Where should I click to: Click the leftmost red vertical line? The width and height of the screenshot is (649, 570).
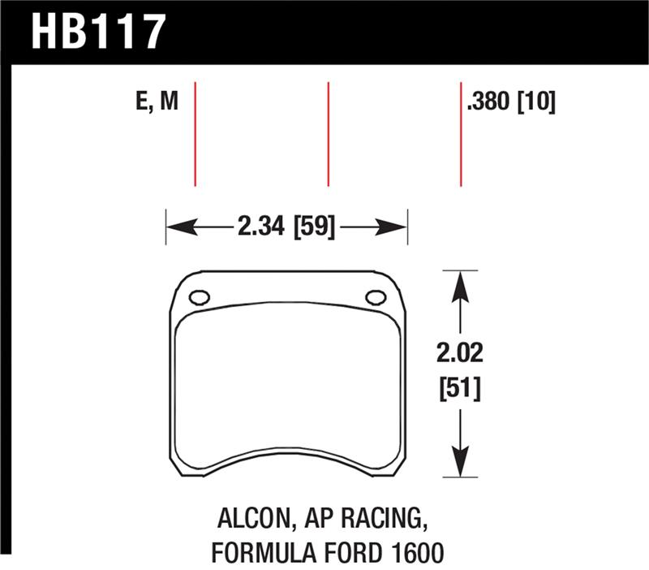click(196, 134)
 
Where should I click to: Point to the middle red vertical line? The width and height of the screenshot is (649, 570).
click(328, 134)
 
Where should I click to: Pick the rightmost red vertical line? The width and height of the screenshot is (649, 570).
click(461, 134)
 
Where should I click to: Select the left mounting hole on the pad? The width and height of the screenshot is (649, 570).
click(200, 297)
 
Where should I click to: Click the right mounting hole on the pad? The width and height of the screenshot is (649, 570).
click(375, 297)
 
